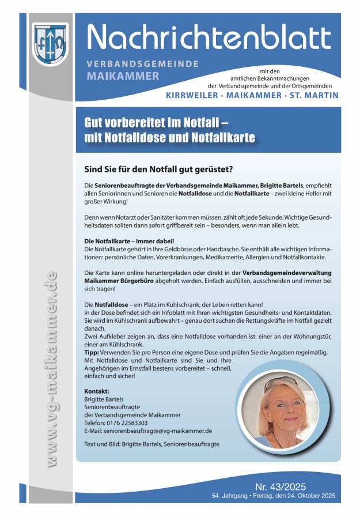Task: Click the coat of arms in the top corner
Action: (50, 44)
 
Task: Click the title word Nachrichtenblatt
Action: (209, 38)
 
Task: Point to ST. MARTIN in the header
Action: (315, 95)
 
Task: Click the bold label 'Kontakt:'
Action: (97, 391)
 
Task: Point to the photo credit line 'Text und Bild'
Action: (151, 444)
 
